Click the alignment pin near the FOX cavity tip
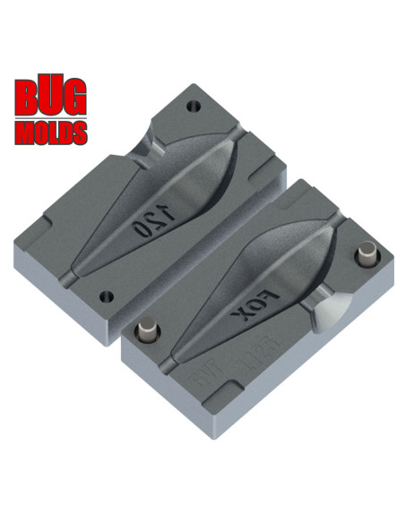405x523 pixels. [x=147, y=335]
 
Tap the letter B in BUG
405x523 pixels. [x=25, y=100]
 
